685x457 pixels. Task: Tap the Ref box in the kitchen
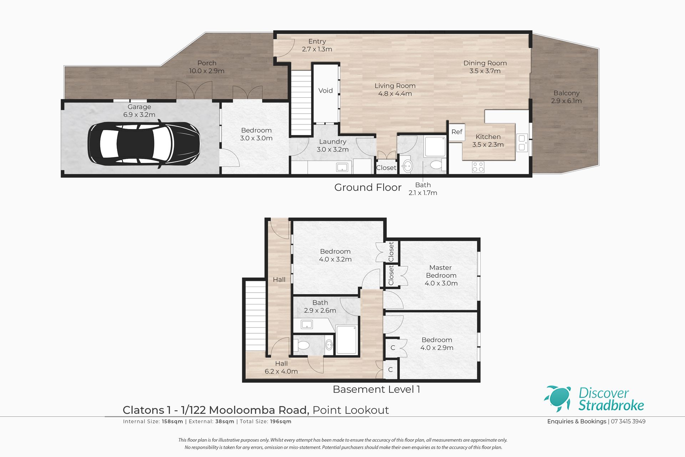click(457, 132)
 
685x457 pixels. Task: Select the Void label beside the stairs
click(325, 91)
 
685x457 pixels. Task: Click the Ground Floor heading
click(368, 187)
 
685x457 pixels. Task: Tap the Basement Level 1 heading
click(376, 389)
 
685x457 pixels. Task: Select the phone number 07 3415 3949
click(628, 421)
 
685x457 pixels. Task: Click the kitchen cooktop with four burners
click(478, 167)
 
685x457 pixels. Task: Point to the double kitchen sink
click(522, 142)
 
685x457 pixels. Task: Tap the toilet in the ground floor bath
click(437, 165)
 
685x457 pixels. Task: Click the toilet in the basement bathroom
click(302, 345)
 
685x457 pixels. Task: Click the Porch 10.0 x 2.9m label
click(207, 67)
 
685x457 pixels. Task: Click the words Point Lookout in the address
click(351, 410)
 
